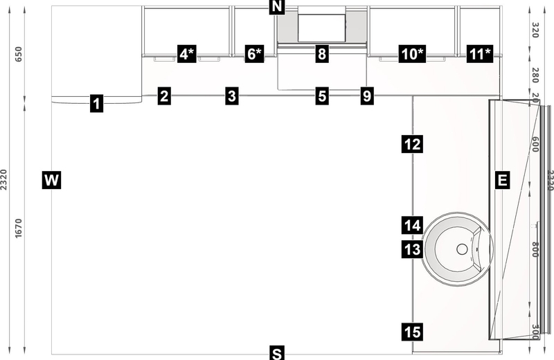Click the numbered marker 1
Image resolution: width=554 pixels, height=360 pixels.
tap(96, 105)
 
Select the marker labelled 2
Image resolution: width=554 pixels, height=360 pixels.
tap(163, 96)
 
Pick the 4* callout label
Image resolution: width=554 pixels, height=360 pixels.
tap(187, 54)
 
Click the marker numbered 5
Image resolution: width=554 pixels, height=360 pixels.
tap(321, 96)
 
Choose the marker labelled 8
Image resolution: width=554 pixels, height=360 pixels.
tap(321, 54)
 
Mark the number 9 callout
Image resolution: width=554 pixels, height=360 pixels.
tap(367, 96)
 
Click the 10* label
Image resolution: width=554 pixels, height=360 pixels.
tap(411, 54)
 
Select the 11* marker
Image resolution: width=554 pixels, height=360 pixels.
tap(480, 54)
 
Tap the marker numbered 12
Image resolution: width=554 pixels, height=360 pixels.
tap(411, 144)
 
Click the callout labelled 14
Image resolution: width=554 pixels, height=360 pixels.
tap(411, 225)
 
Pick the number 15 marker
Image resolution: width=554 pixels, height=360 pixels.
tap(411, 332)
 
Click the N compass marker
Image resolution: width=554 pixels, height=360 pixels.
tap(277, 8)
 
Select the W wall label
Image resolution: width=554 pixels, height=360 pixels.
tap(52, 181)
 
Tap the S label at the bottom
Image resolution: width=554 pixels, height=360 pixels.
tap(277, 354)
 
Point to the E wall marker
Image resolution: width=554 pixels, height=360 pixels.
tap(503, 181)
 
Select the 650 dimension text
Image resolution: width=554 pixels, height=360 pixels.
tap(19, 55)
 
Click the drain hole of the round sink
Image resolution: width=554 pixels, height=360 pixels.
tap(461, 247)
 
